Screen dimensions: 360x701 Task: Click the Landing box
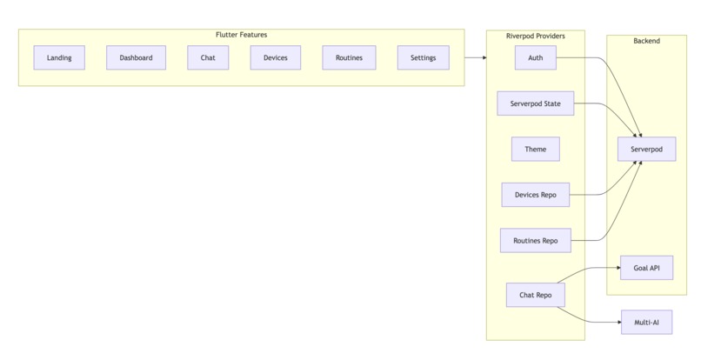pos(59,58)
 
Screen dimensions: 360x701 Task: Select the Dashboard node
pos(136,58)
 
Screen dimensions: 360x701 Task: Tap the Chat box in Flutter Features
pos(208,58)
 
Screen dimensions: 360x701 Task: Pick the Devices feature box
pos(276,58)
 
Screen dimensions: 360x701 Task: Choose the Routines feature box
pos(348,58)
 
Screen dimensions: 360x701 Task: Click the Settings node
pos(424,58)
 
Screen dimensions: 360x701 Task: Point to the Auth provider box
pos(535,58)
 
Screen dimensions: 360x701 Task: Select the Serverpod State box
pos(535,103)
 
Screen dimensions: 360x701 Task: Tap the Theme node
pos(535,150)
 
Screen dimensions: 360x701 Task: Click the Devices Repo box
pos(535,195)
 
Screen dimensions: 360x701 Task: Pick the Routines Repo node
pos(535,240)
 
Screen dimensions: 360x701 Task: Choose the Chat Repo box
pos(535,296)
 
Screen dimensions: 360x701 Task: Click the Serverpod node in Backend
pos(646,150)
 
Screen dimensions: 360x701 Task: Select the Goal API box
pos(646,268)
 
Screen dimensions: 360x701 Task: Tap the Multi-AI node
pos(646,323)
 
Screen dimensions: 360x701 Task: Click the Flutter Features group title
pos(241,35)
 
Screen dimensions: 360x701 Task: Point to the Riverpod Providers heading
pos(535,36)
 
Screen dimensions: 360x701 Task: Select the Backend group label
pos(646,41)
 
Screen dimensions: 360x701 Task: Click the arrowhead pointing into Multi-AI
pos(617,323)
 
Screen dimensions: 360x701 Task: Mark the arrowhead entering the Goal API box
pos(617,268)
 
